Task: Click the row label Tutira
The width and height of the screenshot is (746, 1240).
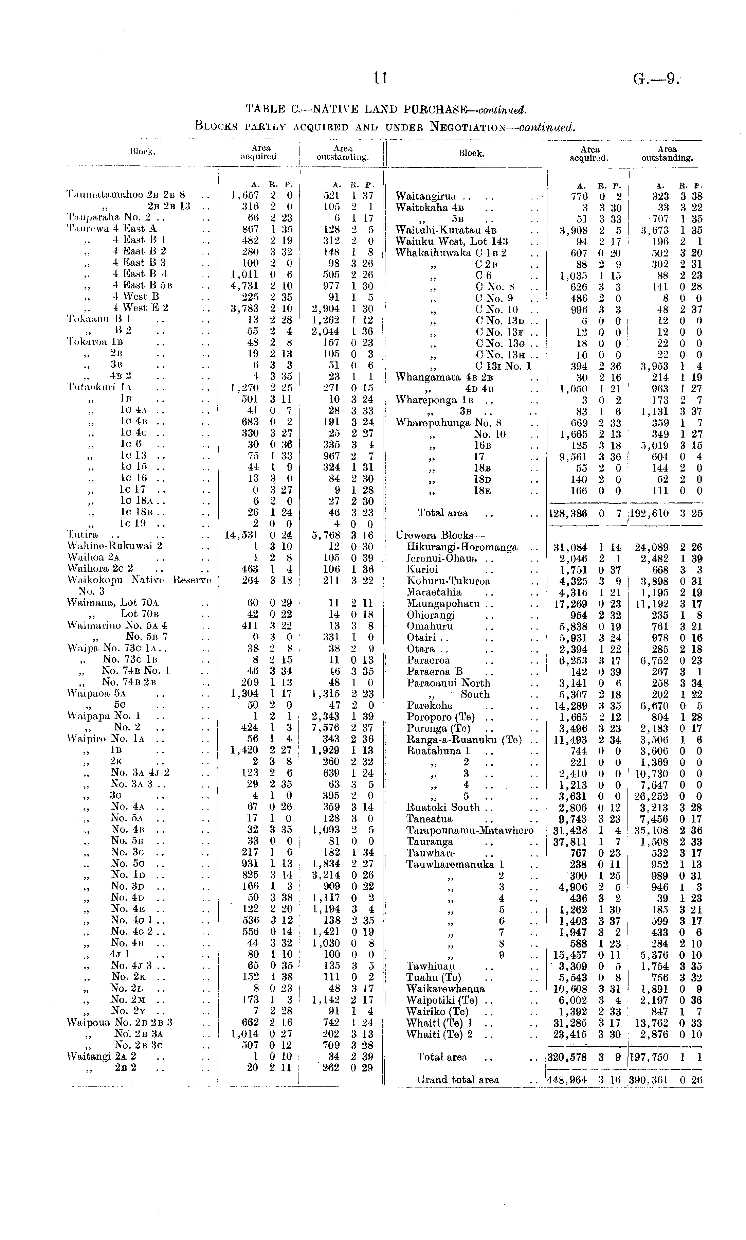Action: point(83,534)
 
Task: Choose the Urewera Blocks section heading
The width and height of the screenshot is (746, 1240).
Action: point(436,535)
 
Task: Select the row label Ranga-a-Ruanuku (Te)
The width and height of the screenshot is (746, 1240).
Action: point(464,740)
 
